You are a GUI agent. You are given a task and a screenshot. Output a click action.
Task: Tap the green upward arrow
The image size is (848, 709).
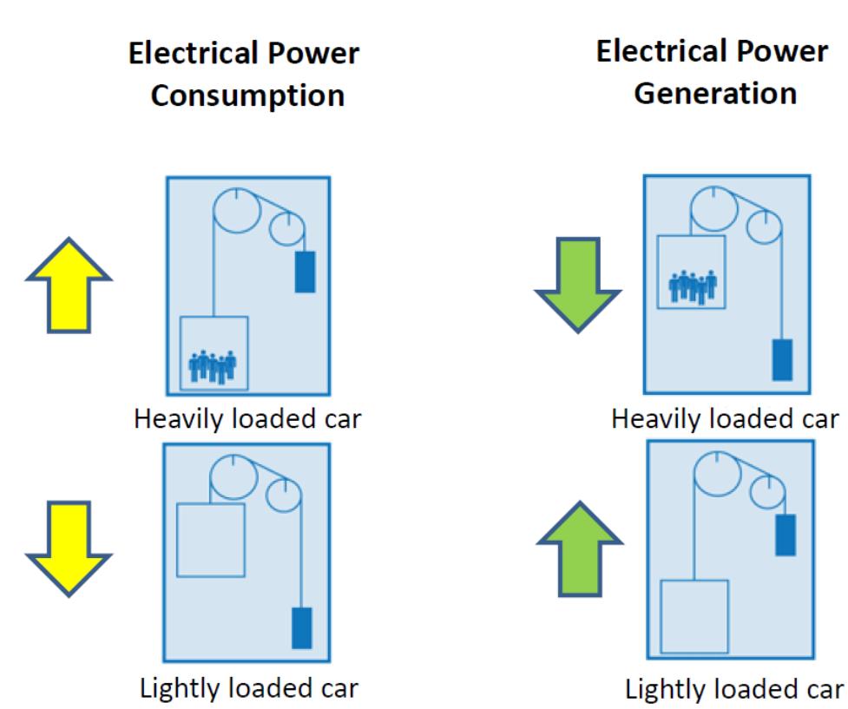(x=580, y=549)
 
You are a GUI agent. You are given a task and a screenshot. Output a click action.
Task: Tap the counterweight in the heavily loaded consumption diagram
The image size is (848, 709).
(x=305, y=270)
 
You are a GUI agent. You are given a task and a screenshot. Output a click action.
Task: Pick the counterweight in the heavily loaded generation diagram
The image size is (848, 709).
(x=782, y=359)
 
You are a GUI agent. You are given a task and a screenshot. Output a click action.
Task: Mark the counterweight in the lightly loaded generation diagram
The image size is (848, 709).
(x=785, y=535)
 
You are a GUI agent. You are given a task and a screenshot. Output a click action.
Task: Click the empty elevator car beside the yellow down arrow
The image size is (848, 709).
(x=211, y=539)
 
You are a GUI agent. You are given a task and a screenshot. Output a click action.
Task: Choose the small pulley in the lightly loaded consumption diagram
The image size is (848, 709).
(x=286, y=497)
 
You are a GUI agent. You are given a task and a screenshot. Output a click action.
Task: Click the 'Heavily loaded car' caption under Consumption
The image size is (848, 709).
(x=247, y=420)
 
